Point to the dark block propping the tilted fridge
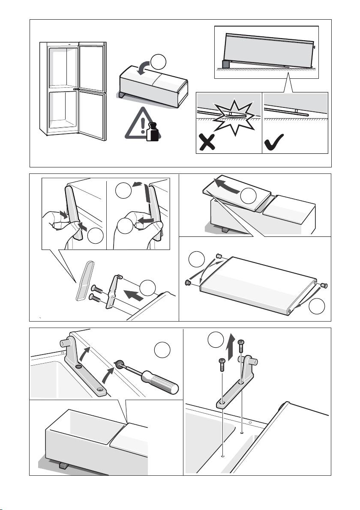pyautogui.click(x=225, y=64)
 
